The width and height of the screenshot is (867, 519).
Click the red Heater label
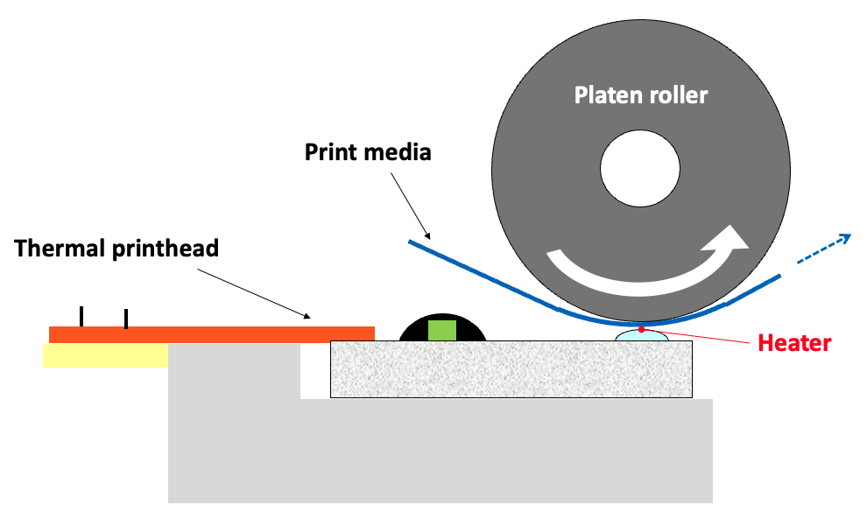pyautogui.click(x=793, y=343)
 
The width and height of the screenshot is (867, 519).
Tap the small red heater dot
pyautogui.click(x=642, y=329)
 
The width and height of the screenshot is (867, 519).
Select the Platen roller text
pyautogui.click(x=640, y=95)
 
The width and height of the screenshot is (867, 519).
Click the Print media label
pyautogui.click(x=368, y=152)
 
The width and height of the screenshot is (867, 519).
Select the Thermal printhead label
pyautogui.click(x=116, y=248)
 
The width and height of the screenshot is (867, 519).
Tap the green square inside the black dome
pyautogui.click(x=443, y=331)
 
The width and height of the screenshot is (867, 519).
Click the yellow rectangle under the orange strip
pyautogui.click(x=105, y=354)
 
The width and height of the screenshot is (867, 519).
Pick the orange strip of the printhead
pyautogui.click(x=211, y=334)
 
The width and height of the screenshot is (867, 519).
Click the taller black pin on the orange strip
pyautogui.click(x=81, y=317)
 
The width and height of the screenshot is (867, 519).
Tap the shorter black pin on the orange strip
pyautogui.click(x=126, y=319)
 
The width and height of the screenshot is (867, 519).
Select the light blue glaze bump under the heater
pyautogui.click(x=643, y=336)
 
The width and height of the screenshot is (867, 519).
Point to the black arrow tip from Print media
pyautogui.click(x=429, y=239)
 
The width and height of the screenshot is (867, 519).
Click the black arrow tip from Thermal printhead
pyautogui.click(x=310, y=317)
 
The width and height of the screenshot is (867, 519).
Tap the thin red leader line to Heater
pyautogui.click(x=701, y=336)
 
